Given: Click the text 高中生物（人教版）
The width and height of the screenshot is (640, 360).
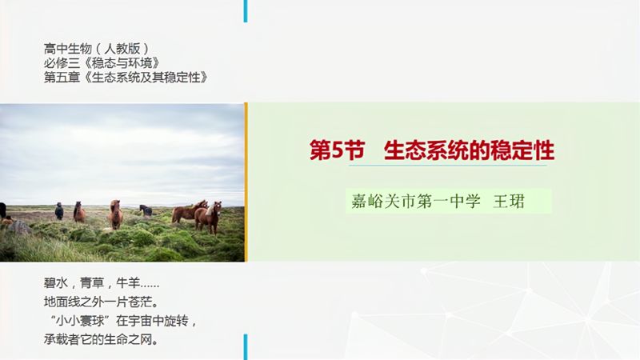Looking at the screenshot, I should coord(97,48).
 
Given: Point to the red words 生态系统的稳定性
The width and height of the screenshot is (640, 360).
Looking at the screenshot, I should coord(469,151).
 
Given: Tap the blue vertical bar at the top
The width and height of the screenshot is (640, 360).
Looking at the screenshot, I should coord(246,10).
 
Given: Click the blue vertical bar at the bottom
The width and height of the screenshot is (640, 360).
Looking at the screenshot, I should coord(246,346).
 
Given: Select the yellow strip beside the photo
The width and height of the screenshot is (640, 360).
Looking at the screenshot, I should coord(246,182).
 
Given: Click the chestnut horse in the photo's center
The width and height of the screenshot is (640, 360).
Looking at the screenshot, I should coord(116,213).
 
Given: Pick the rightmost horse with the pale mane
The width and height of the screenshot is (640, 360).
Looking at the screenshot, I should coord(211,217).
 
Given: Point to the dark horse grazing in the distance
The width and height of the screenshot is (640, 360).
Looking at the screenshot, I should coord(146,210).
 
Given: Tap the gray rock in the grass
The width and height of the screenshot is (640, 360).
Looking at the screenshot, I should coord(19,228).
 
